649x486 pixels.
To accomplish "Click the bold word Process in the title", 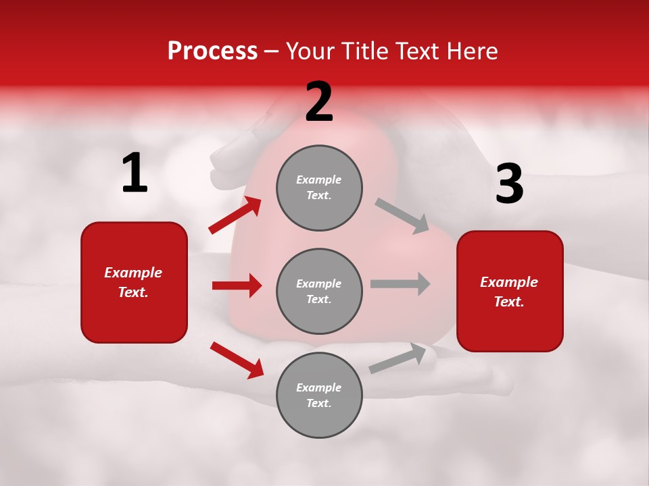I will [212, 51].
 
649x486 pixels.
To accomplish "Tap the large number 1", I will [135, 173].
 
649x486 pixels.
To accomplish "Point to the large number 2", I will [319, 102].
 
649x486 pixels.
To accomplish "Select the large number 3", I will [509, 184].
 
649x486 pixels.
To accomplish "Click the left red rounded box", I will [134, 282].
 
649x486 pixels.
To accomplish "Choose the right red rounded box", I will [510, 291].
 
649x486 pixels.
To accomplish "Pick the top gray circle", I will [319, 188].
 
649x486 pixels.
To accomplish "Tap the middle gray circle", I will [319, 291].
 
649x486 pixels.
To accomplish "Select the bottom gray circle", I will [319, 395].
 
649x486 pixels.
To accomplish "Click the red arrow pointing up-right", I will [235, 215].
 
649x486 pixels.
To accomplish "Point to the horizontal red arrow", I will [237, 286].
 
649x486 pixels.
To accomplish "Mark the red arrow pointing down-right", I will [237, 360].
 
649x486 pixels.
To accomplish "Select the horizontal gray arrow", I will [400, 283].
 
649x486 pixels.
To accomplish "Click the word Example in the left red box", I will [133, 273].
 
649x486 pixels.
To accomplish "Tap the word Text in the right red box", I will [508, 302].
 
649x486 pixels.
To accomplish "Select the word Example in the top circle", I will [319, 180].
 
